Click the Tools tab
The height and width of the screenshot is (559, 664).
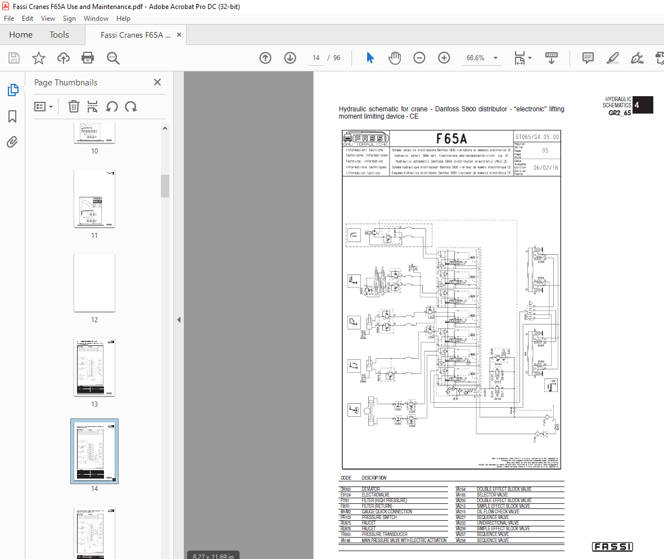[59, 35]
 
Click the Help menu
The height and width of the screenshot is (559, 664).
[123, 19]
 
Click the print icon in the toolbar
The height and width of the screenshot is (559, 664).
[88, 58]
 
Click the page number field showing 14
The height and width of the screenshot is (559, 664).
[316, 58]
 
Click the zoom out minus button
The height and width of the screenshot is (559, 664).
[419, 58]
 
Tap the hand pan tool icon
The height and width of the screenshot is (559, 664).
[395, 58]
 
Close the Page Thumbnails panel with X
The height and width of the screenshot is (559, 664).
[157, 83]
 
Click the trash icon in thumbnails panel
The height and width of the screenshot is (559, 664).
[74, 106]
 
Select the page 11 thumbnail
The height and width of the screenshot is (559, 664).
[94, 199]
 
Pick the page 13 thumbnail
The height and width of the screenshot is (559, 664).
[94, 367]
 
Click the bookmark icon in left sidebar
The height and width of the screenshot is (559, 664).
[12, 116]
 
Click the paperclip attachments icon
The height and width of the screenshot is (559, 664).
[12, 142]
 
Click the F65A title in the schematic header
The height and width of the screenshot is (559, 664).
[451, 139]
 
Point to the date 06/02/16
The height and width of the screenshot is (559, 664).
[545, 168]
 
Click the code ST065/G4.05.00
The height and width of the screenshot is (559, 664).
[537, 137]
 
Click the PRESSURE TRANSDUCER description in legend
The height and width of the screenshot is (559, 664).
[384, 534]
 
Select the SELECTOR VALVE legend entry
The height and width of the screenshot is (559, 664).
[492, 495]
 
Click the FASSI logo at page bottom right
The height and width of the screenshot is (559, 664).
[612, 547]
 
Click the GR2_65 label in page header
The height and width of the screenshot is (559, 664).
[620, 112]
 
